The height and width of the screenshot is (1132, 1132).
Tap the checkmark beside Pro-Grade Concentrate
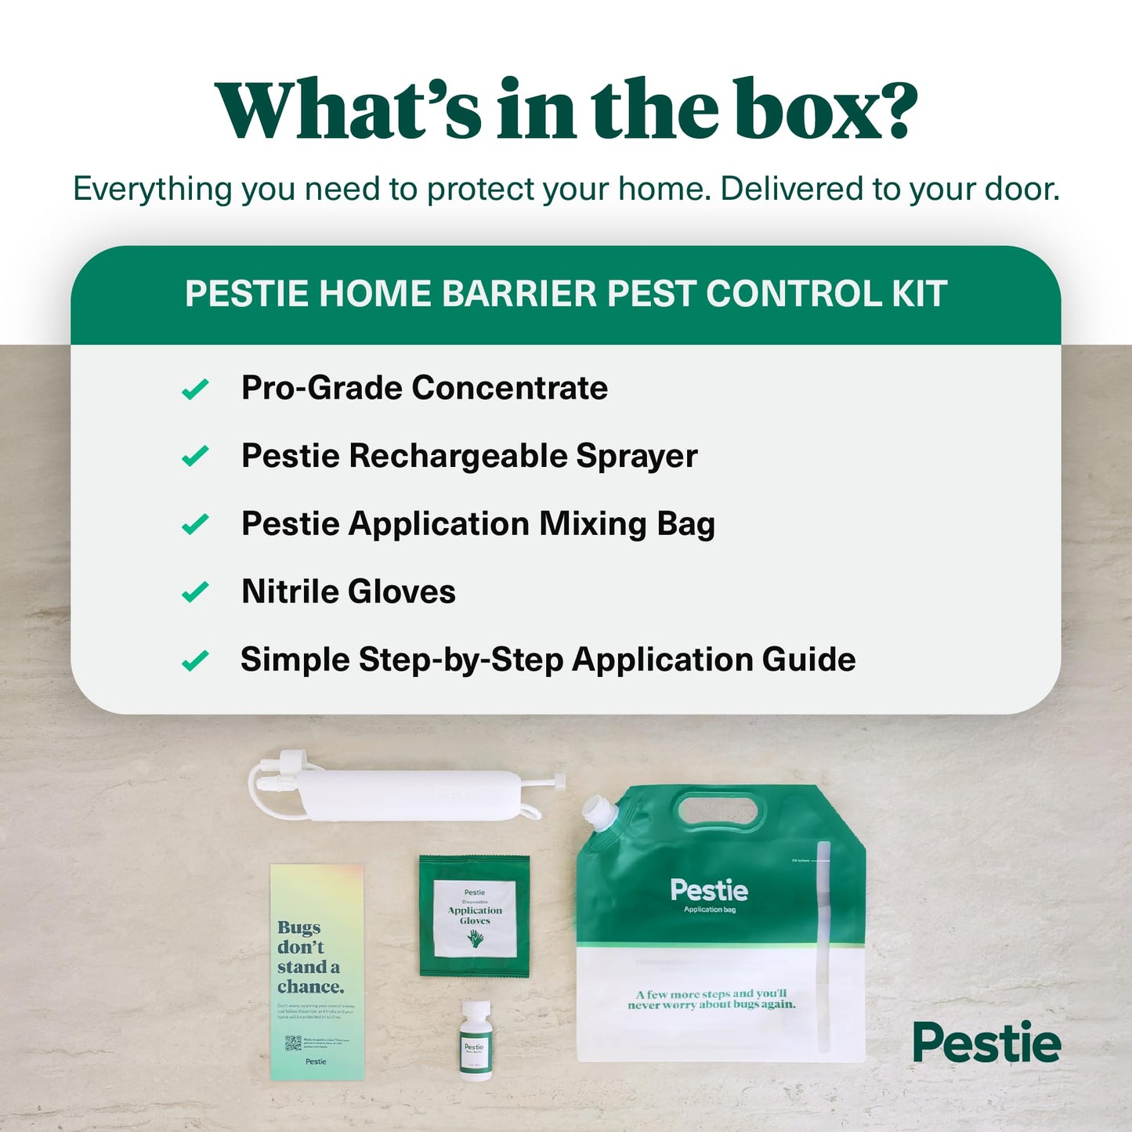195,389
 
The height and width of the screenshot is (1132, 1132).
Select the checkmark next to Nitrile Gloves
195,592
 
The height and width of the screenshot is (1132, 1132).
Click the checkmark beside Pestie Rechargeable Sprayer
195,456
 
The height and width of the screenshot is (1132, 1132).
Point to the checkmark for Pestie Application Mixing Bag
195,524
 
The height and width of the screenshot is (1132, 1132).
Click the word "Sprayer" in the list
636,456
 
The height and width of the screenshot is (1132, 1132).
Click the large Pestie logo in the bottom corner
986,1043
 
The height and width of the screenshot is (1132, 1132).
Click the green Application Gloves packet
475,916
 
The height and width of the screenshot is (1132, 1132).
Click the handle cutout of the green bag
720,810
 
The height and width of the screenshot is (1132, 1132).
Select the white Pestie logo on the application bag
709,890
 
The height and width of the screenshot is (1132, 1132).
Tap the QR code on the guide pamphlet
293,1043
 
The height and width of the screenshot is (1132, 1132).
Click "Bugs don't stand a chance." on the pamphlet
310,957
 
